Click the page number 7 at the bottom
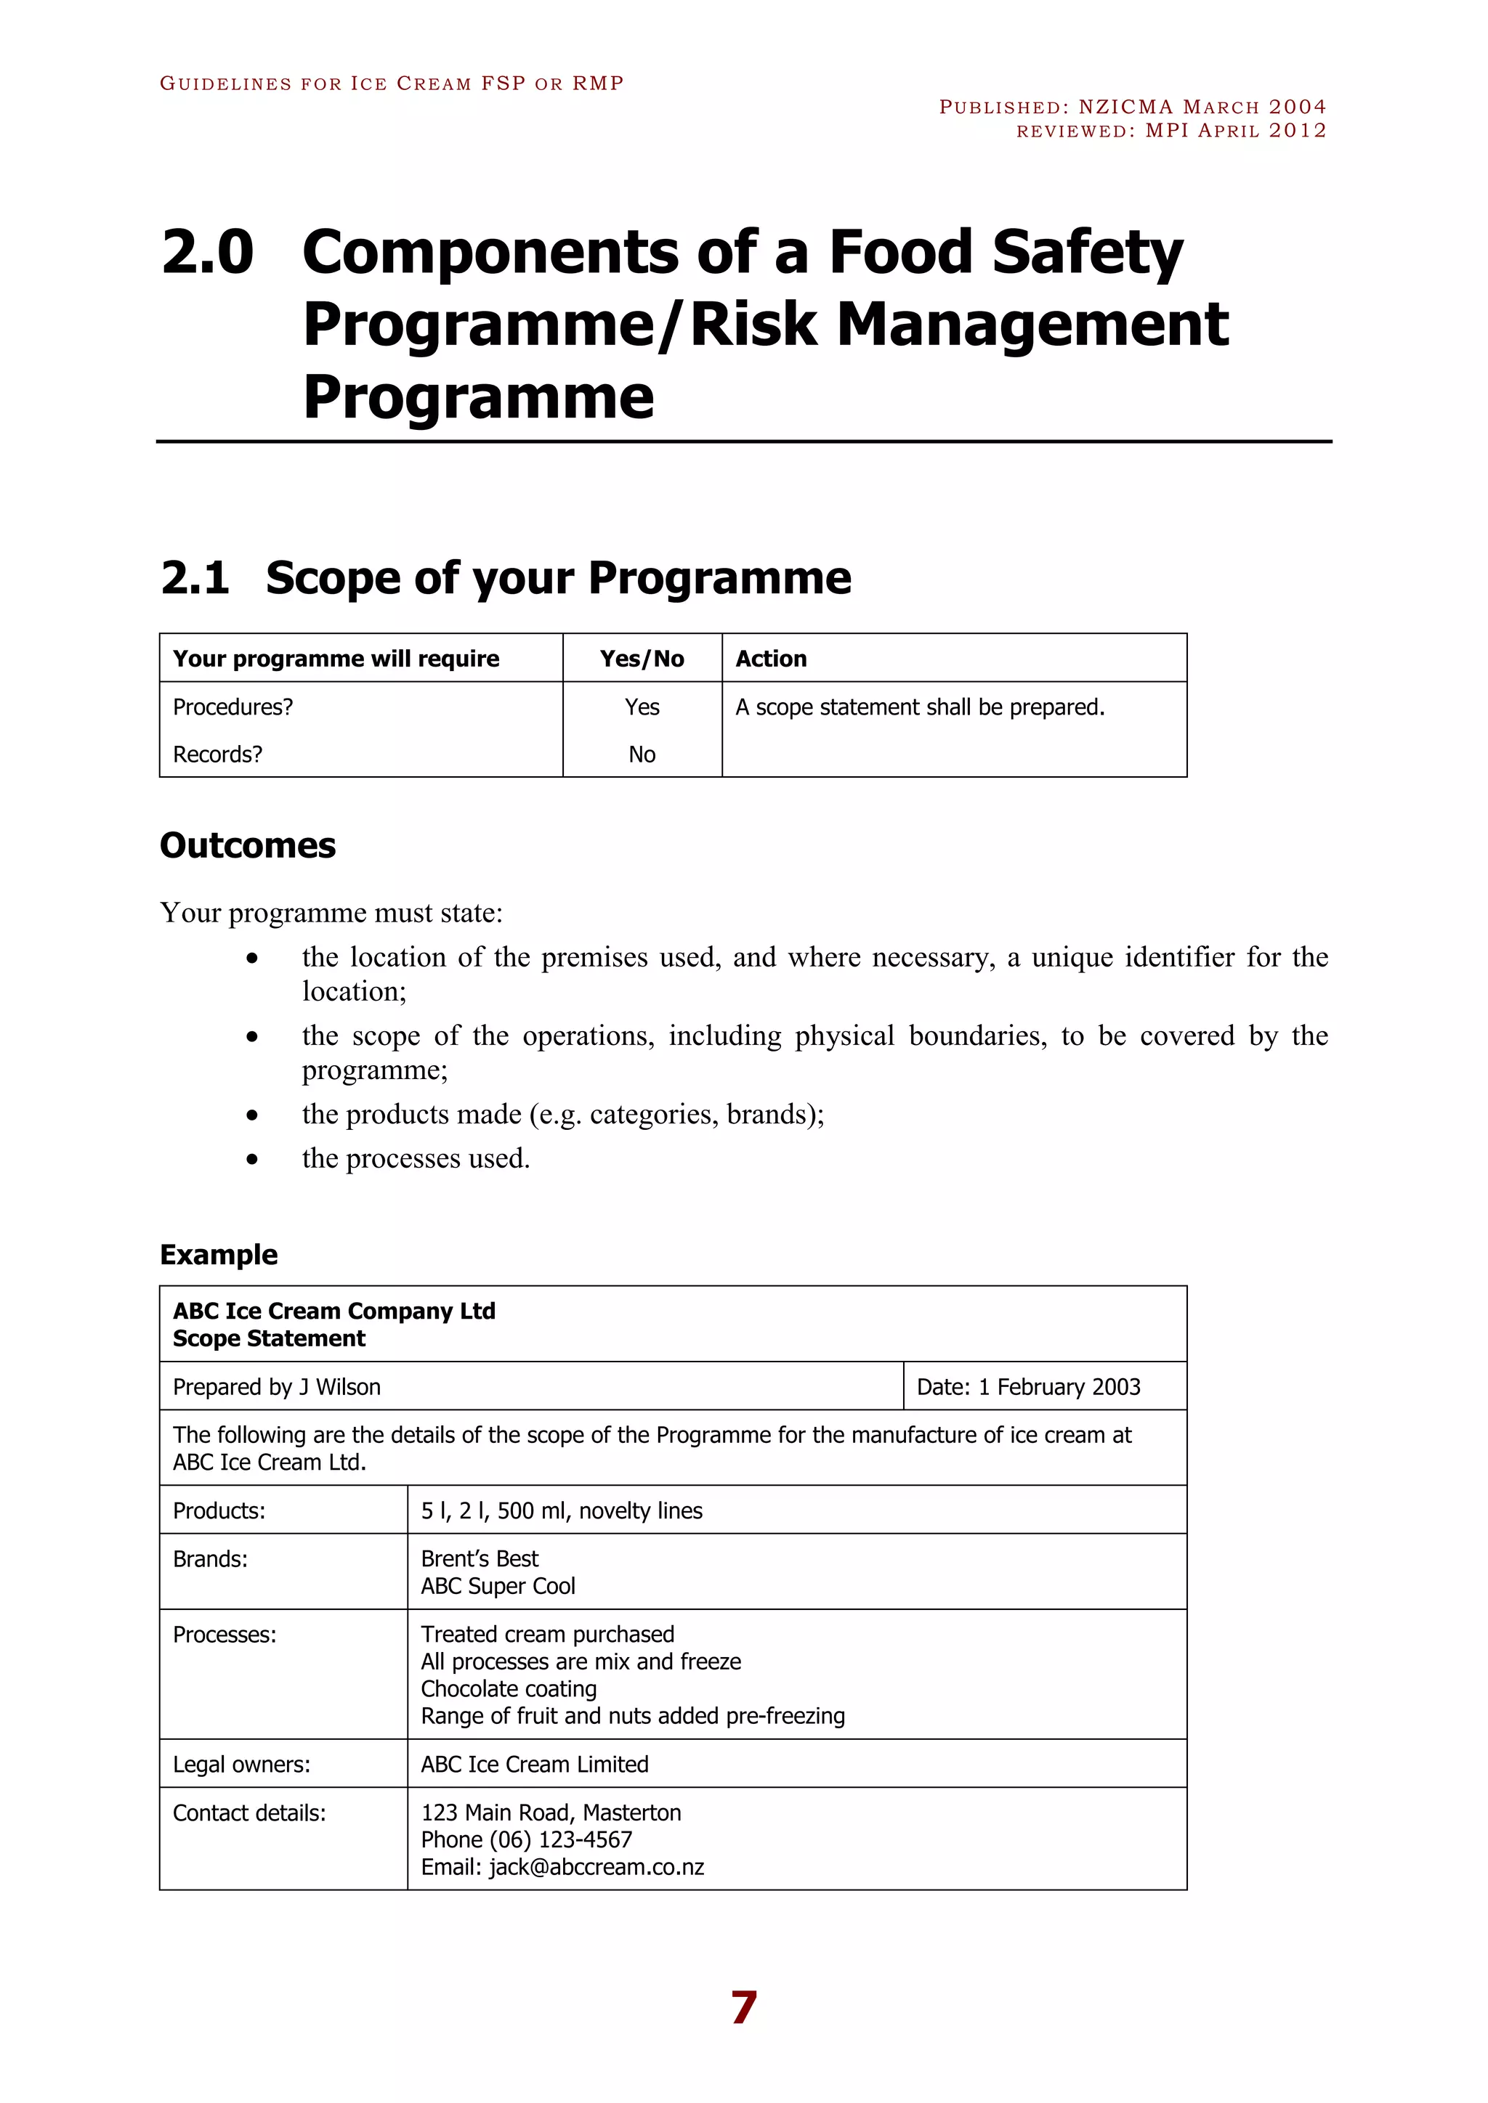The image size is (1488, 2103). [743, 2007]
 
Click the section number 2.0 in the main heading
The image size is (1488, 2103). [207, 252]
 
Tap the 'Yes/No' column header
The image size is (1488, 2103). [642, 659]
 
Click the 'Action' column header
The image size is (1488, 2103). [771, 659]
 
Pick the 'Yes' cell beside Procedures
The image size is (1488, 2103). [642, 707]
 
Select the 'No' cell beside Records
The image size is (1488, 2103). [642, 754]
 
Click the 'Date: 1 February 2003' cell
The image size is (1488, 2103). [1028, 1387]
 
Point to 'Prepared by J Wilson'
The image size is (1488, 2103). [277, 1387]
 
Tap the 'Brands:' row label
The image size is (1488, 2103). [210, 1559]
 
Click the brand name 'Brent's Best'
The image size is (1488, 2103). [480, 1559]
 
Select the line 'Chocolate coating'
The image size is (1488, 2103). [509, 1689]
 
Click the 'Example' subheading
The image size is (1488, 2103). [218, 1254]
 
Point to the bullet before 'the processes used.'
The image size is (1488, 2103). [252, 1160]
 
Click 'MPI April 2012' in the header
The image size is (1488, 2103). [1235, 130]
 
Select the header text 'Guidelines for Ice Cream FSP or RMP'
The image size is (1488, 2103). [391, 84]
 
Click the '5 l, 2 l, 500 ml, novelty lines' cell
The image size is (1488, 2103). [561, 1510]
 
